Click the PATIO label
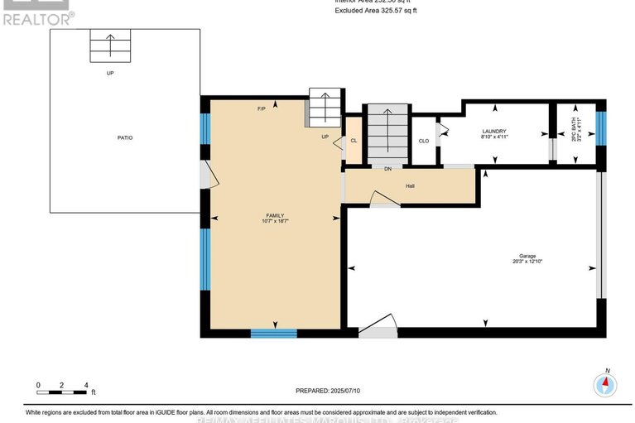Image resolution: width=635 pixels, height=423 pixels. pos(124,137)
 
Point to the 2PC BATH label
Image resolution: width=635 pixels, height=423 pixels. pos(576,133)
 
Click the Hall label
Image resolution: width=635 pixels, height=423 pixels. pos(410,185)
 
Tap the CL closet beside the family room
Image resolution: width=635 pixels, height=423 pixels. pos(354,141)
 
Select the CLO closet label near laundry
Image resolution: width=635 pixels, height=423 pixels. pos(424,141)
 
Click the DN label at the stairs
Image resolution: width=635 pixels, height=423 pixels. pos(387,169)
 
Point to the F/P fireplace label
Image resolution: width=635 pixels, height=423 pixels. pos(262,109)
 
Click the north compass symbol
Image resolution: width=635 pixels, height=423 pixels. pos(606,384)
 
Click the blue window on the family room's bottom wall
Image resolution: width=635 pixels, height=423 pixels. pos(273,334)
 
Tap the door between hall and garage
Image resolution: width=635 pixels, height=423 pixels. pos(382,199)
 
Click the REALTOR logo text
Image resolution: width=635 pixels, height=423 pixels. pos(37,16)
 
